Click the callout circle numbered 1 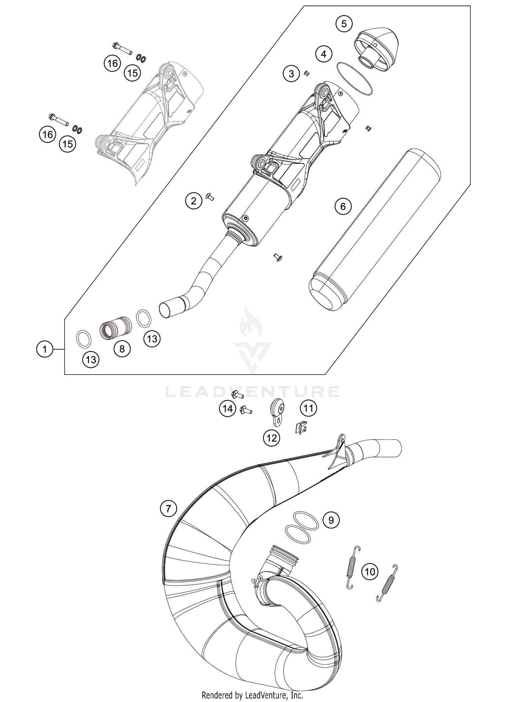click(x=45, y=349)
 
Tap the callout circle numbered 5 click(x=344, y=24)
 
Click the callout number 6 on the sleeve click(x=343, y=206)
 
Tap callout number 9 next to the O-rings click(x=331, y=520)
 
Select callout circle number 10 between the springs click(x=370, y=572)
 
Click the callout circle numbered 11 click(x=308, y=408)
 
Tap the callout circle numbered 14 click(x=228, y=409)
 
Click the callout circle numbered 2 click(x=194, y=201)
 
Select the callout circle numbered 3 click(x=291, y=73)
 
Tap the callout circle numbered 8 click(x=122, y=349)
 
